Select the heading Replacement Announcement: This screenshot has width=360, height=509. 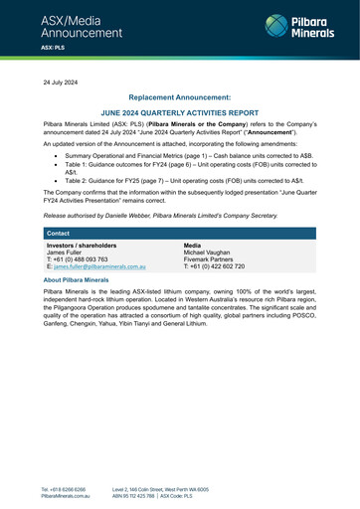point(179,98)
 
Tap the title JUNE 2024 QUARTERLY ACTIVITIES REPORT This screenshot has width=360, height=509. point(179,113)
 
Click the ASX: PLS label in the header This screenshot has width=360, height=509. point(54,47)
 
